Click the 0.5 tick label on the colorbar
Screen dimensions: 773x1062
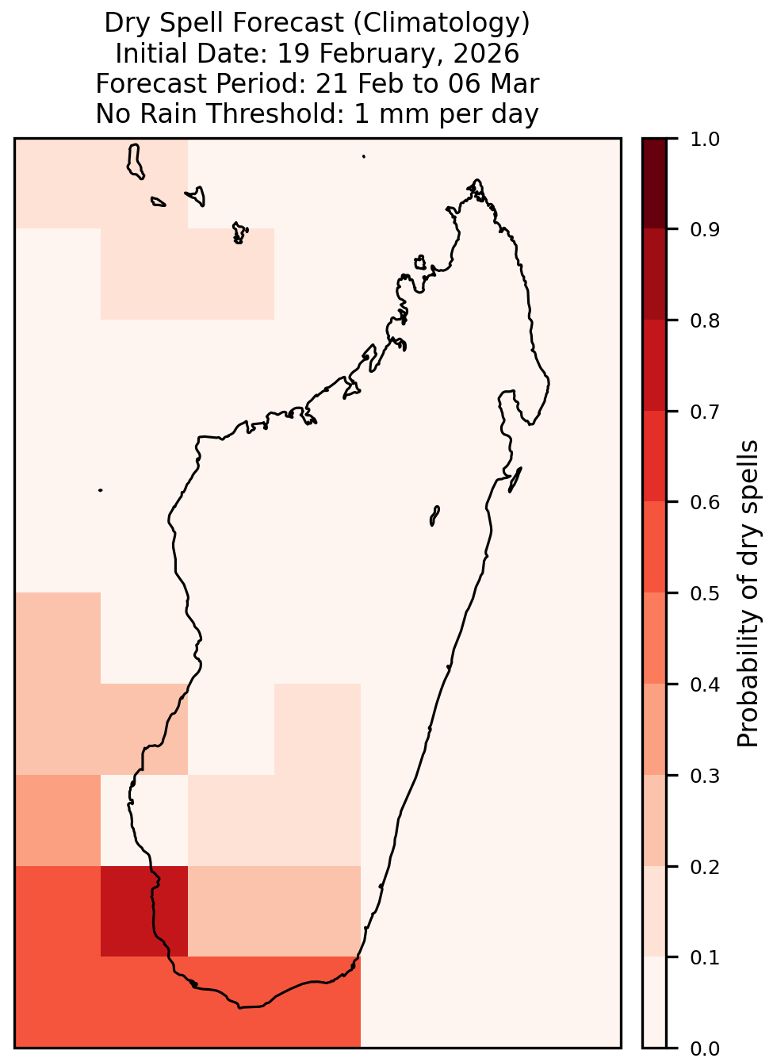pos(704,593)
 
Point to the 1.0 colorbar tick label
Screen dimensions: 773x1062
pos(704,140)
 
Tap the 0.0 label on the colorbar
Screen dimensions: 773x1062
pos(704,1049)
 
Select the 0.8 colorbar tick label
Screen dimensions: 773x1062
pos(704,321)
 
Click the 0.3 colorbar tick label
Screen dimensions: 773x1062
pos(704,776)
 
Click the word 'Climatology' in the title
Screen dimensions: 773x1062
pos(442,23)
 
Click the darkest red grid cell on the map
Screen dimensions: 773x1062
pos(144,911)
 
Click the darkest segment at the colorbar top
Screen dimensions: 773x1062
pos(654,183)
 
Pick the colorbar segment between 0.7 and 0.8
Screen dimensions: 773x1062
pos(654,365)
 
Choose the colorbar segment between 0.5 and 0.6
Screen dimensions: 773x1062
pos(654,547)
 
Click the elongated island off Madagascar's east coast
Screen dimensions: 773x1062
pos(515,479)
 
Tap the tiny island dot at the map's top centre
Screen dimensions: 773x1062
pos(364,156)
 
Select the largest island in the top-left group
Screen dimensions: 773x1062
pos(135,162)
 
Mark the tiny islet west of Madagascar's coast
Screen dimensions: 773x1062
pos(100,490)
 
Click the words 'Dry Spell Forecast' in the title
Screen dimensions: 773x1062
pos(224,23)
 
